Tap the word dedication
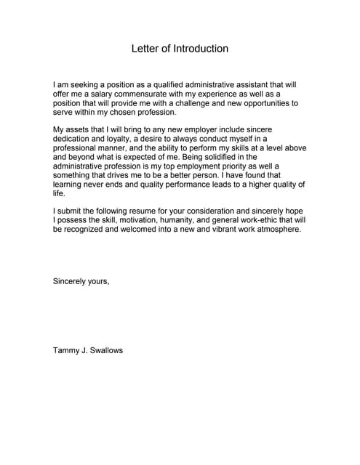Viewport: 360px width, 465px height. (x=75, y=139)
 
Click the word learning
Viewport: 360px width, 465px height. (x=70, y=185)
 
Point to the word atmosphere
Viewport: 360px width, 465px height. (x=275, y=230)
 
